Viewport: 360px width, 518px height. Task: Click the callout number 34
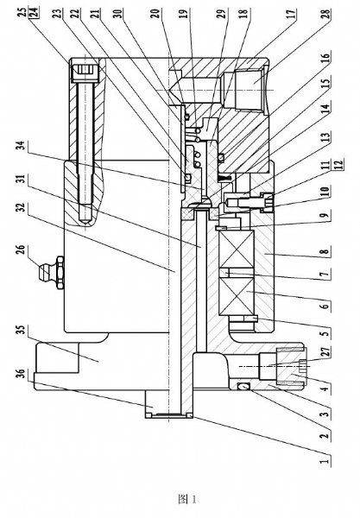[x=22, y=145]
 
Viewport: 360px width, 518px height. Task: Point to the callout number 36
[x=20, y=374]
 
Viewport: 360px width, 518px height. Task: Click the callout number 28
[x=325, y=15]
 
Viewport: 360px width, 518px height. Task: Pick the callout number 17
[x=292, y=16]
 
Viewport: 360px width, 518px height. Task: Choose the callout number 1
[x=325, y=459]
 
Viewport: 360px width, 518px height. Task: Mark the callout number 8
[x=325, y=252]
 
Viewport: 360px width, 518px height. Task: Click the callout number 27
[x=325, y=352]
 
